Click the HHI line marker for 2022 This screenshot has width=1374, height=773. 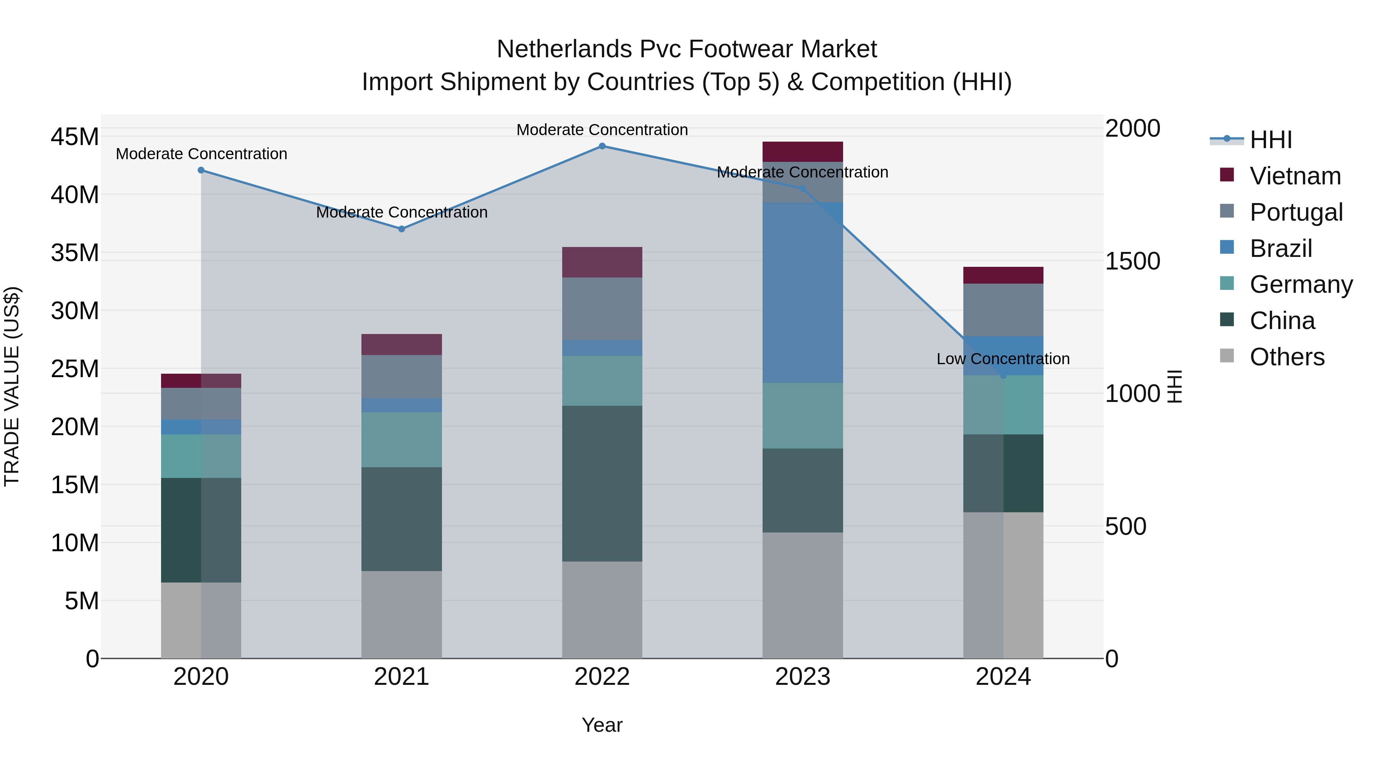coord(602,146)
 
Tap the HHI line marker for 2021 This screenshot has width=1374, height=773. coord(402,229)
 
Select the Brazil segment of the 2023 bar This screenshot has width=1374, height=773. coord(803,292)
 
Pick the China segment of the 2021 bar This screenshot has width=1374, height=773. coord(402,519)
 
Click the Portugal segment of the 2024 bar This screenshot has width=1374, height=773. coord(1003,310)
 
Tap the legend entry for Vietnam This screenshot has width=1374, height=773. coord(1295,176)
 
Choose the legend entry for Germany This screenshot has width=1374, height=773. coord(1301,284)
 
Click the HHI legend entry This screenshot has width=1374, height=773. coord(1271,140)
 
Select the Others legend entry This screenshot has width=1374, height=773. coord(1287,357)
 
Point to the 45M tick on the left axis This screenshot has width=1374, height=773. coord(75,137)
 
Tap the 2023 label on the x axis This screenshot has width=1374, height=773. coord(803,677)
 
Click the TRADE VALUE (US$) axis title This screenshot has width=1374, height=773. coord(12,386)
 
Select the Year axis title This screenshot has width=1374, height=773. coord(602,725)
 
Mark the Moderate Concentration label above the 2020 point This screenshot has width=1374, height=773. coord(202,153)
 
